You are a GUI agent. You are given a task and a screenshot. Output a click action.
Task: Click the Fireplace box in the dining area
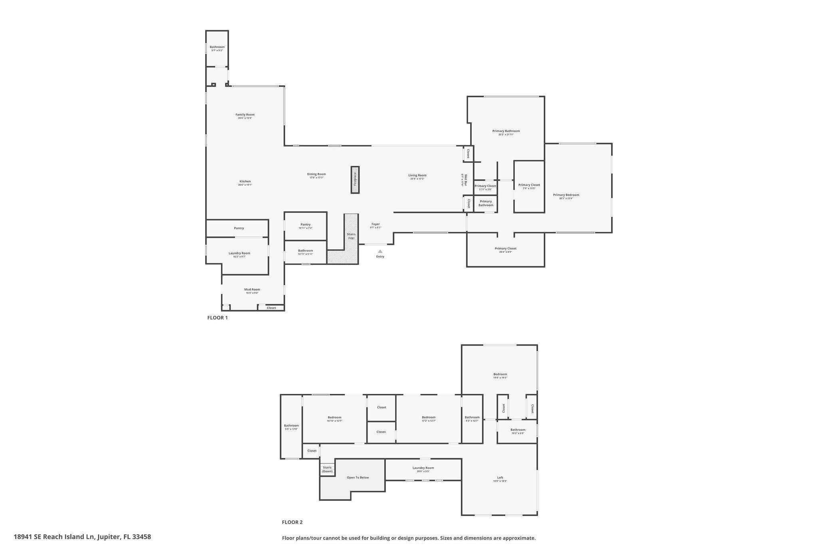pos(355,180)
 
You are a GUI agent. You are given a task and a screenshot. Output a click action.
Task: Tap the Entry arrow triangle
pos(380,251)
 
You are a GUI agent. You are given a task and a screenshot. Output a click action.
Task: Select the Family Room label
pos(245,115)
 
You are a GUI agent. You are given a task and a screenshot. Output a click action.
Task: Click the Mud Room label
pos(252,290)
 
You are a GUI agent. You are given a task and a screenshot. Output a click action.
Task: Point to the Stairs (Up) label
pos(351,236)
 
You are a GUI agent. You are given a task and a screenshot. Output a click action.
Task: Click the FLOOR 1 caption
pos(217,318)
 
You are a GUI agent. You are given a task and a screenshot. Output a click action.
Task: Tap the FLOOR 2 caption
pos(292,522)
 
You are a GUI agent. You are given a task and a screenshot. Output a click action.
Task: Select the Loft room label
pos(500,478)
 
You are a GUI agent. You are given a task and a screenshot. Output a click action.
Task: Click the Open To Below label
pos(357,478)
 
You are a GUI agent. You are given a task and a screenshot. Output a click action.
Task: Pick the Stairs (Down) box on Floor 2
pos(327,469)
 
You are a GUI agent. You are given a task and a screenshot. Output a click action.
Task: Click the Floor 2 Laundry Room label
pos(423,468)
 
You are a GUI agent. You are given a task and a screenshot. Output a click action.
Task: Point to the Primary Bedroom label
pos(566,195)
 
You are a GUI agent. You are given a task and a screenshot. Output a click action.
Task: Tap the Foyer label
pos(375,224)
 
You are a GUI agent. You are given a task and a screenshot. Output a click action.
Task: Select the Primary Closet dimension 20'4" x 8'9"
pos(505,252)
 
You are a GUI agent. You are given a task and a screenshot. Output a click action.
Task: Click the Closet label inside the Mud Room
pos(271,308)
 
